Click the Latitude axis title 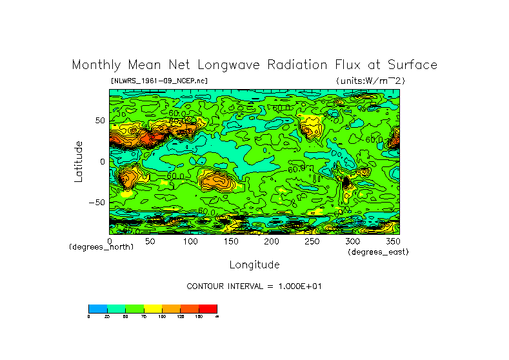(x=79, y=161)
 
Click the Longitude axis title (x=254, y=265)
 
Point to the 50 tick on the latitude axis (x=99, y=121)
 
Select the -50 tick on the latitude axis (x=97, y=202)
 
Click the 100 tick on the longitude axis (x=190, y=241)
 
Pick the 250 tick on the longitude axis (x=312, y=241)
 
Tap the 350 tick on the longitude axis (x=392, y=241)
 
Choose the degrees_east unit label (x=378, y=252)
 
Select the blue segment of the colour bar (x=97, y=308)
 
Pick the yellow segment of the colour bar (x=152, y=308)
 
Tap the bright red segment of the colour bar (x=208, y=308)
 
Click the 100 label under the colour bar (x=161, y=316)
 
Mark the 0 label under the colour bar (x=88, y=316)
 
